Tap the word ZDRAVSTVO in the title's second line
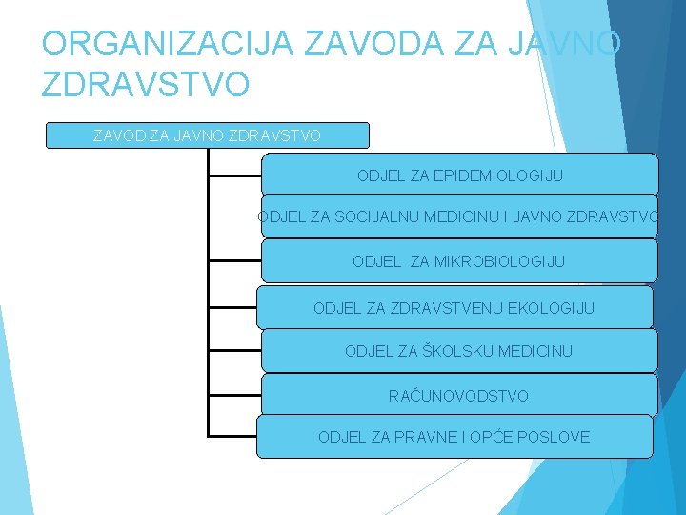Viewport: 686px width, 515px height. pyautogui.click(x=146, y=84)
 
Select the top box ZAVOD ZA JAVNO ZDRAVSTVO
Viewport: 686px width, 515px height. pyautogui.click(x=207, y=135)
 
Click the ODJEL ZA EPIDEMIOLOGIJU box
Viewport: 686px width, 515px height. pyautogui.click(x=459, y=175)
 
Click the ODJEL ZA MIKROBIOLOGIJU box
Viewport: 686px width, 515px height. pyautogui.click(x=459, y=260)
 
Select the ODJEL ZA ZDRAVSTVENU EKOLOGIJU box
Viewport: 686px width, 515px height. pyautogui.click(x=454, y=308)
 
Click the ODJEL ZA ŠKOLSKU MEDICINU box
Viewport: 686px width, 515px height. pyautogui.click(x=459, y=351)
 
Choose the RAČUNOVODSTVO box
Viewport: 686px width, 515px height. pyautogui.click(x=459, y=395)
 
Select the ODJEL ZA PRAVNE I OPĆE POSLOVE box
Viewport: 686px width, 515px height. pyautogui.click(x=454, y=437)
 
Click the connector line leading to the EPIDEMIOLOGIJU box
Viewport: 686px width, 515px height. pyautogui.click(x=234, y=176)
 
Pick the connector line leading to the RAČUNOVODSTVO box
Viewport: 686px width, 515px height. pyautogui.click(x=234, y=394)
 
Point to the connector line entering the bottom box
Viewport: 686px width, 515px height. pyautogui.click(x=232, y=436)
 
